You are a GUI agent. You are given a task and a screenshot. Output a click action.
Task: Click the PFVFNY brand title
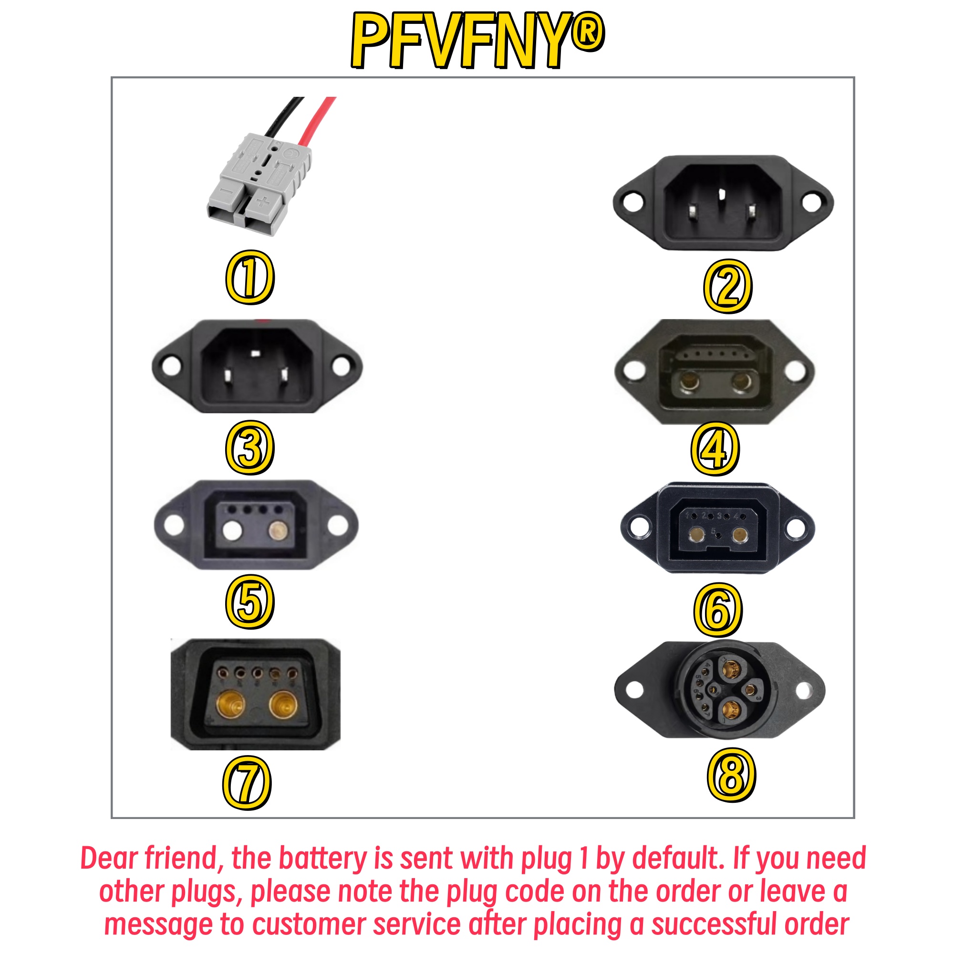(x=477, y=40)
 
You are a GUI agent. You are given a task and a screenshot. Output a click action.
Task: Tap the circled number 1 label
(x=250, y=277)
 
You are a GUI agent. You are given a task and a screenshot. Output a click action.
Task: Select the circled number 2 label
(x=727, y=286)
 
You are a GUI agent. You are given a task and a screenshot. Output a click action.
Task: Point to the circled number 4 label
(x=715, y=448)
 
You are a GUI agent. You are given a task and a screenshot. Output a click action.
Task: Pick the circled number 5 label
(x=250, y=601)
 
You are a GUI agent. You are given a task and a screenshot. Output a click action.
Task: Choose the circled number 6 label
(x=718, y=610)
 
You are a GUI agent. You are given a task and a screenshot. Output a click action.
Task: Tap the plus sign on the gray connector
(x=263, y=202)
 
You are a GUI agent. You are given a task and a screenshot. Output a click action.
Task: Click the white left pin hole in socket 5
(x=232, y=531)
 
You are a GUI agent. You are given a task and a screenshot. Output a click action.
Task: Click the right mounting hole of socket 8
(x=803, y=690)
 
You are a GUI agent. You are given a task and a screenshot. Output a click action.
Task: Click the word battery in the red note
(x=322, y=860)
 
